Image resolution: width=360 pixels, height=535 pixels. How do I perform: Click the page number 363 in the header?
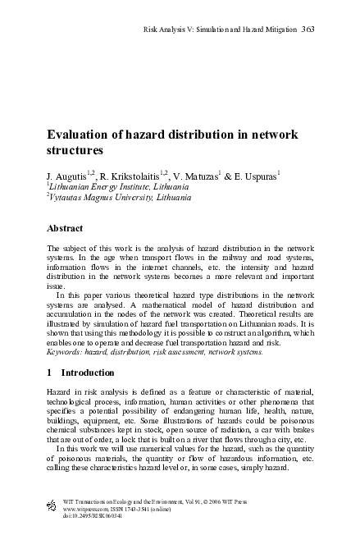point(308,30)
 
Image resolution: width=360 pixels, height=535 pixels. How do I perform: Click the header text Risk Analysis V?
point(188,30)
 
